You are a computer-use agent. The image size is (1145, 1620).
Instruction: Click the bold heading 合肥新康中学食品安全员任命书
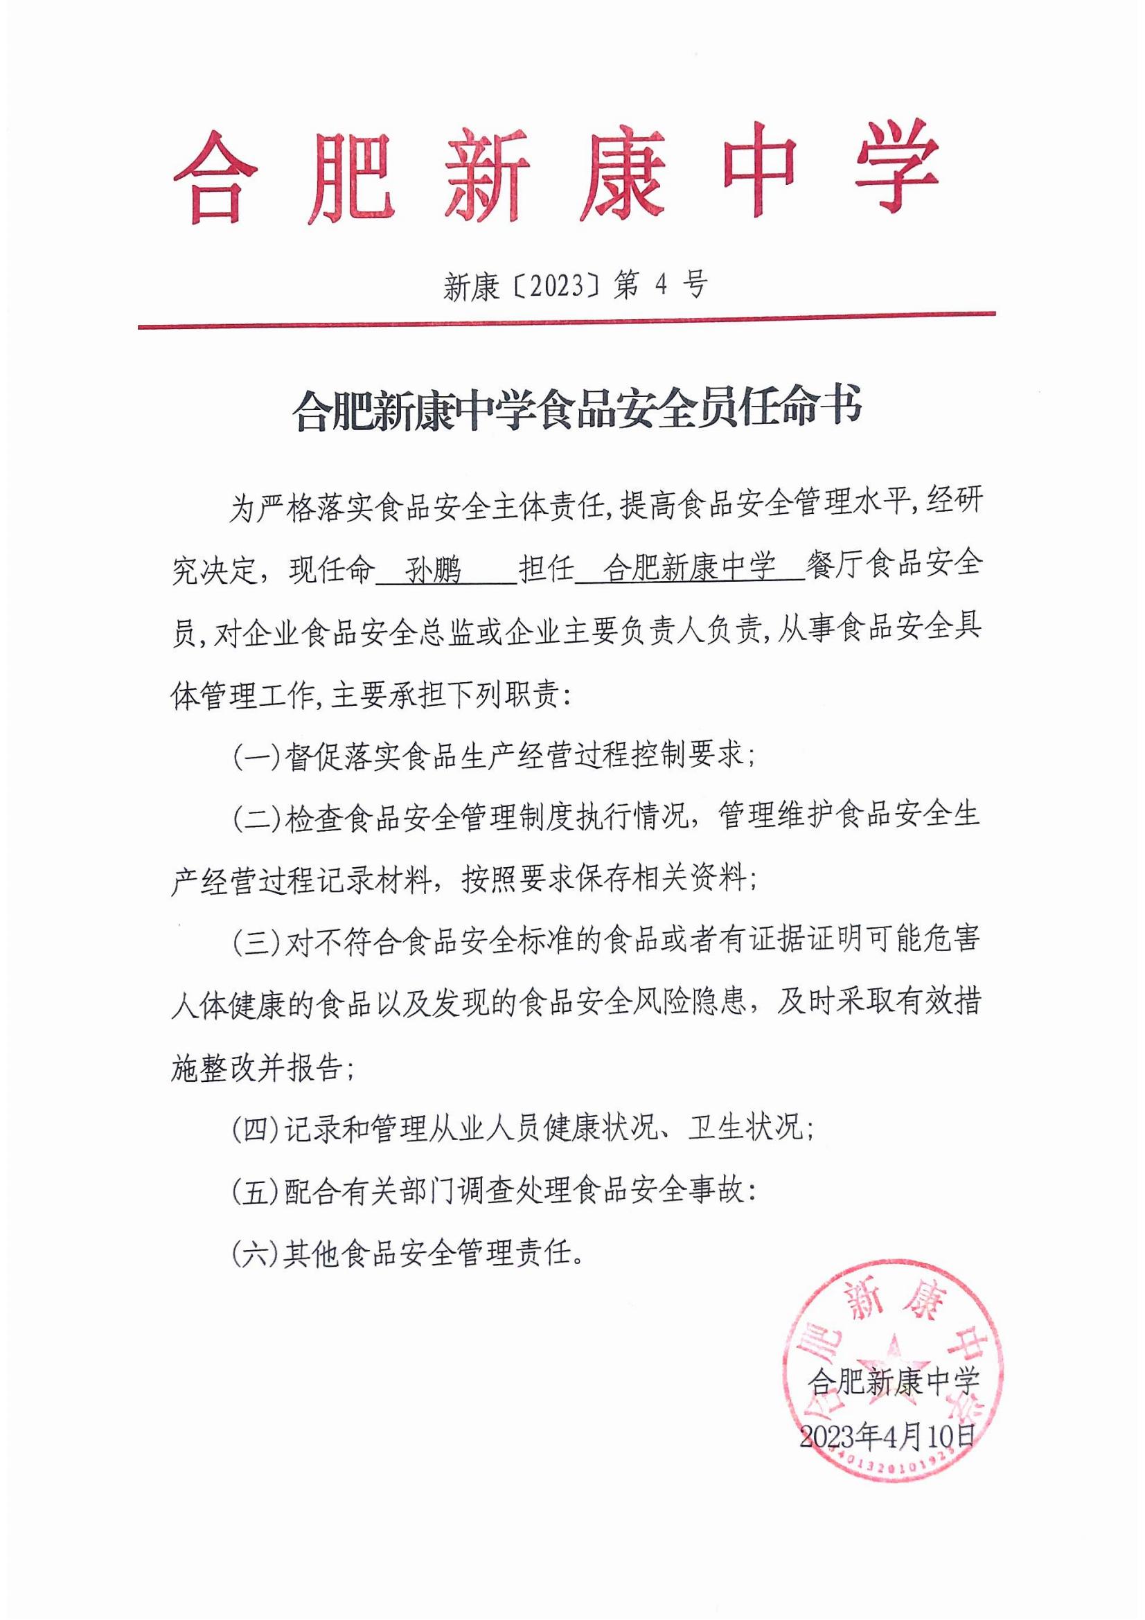[x=576, y=410]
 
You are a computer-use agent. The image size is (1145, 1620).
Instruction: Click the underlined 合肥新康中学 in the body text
[x=690, y=568]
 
